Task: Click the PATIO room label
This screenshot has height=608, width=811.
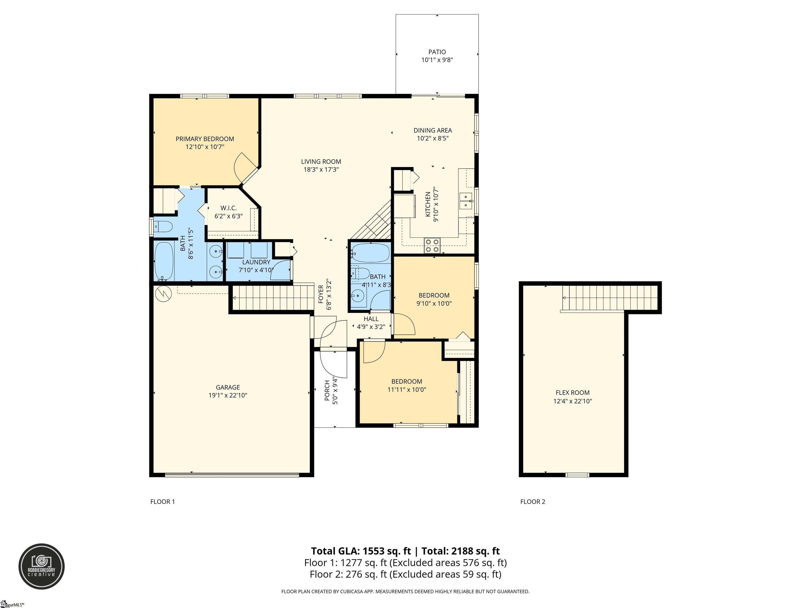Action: point(437,52)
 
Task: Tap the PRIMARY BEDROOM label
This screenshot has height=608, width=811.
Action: point(205,139)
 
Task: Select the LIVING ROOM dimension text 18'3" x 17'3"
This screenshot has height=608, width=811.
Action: point(321,170)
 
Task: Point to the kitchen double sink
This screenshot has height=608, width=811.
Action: point(466,201)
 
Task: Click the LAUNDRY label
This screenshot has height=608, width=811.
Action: point(256,262)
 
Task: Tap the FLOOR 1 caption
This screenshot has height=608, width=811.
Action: point(162,502)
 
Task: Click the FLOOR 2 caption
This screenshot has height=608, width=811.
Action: point(533,502)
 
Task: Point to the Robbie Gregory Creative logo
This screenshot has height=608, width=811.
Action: point(42,567)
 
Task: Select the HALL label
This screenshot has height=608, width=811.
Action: point(371,319)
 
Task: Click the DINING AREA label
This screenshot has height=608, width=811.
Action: point(433,130)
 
